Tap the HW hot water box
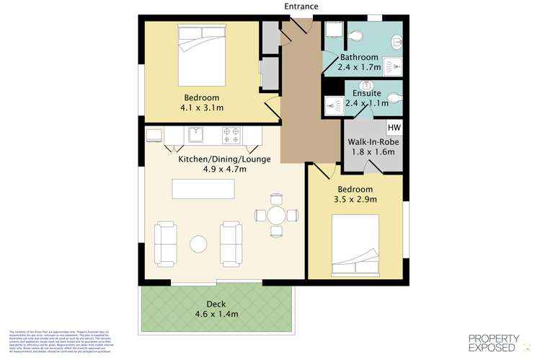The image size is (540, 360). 394,128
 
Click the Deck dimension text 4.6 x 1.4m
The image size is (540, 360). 216,314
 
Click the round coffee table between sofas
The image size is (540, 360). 198,244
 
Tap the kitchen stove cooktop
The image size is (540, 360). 231,133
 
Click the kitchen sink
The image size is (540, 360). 197,134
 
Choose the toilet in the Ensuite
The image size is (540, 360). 394,98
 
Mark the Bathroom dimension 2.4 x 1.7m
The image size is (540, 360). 359,67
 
